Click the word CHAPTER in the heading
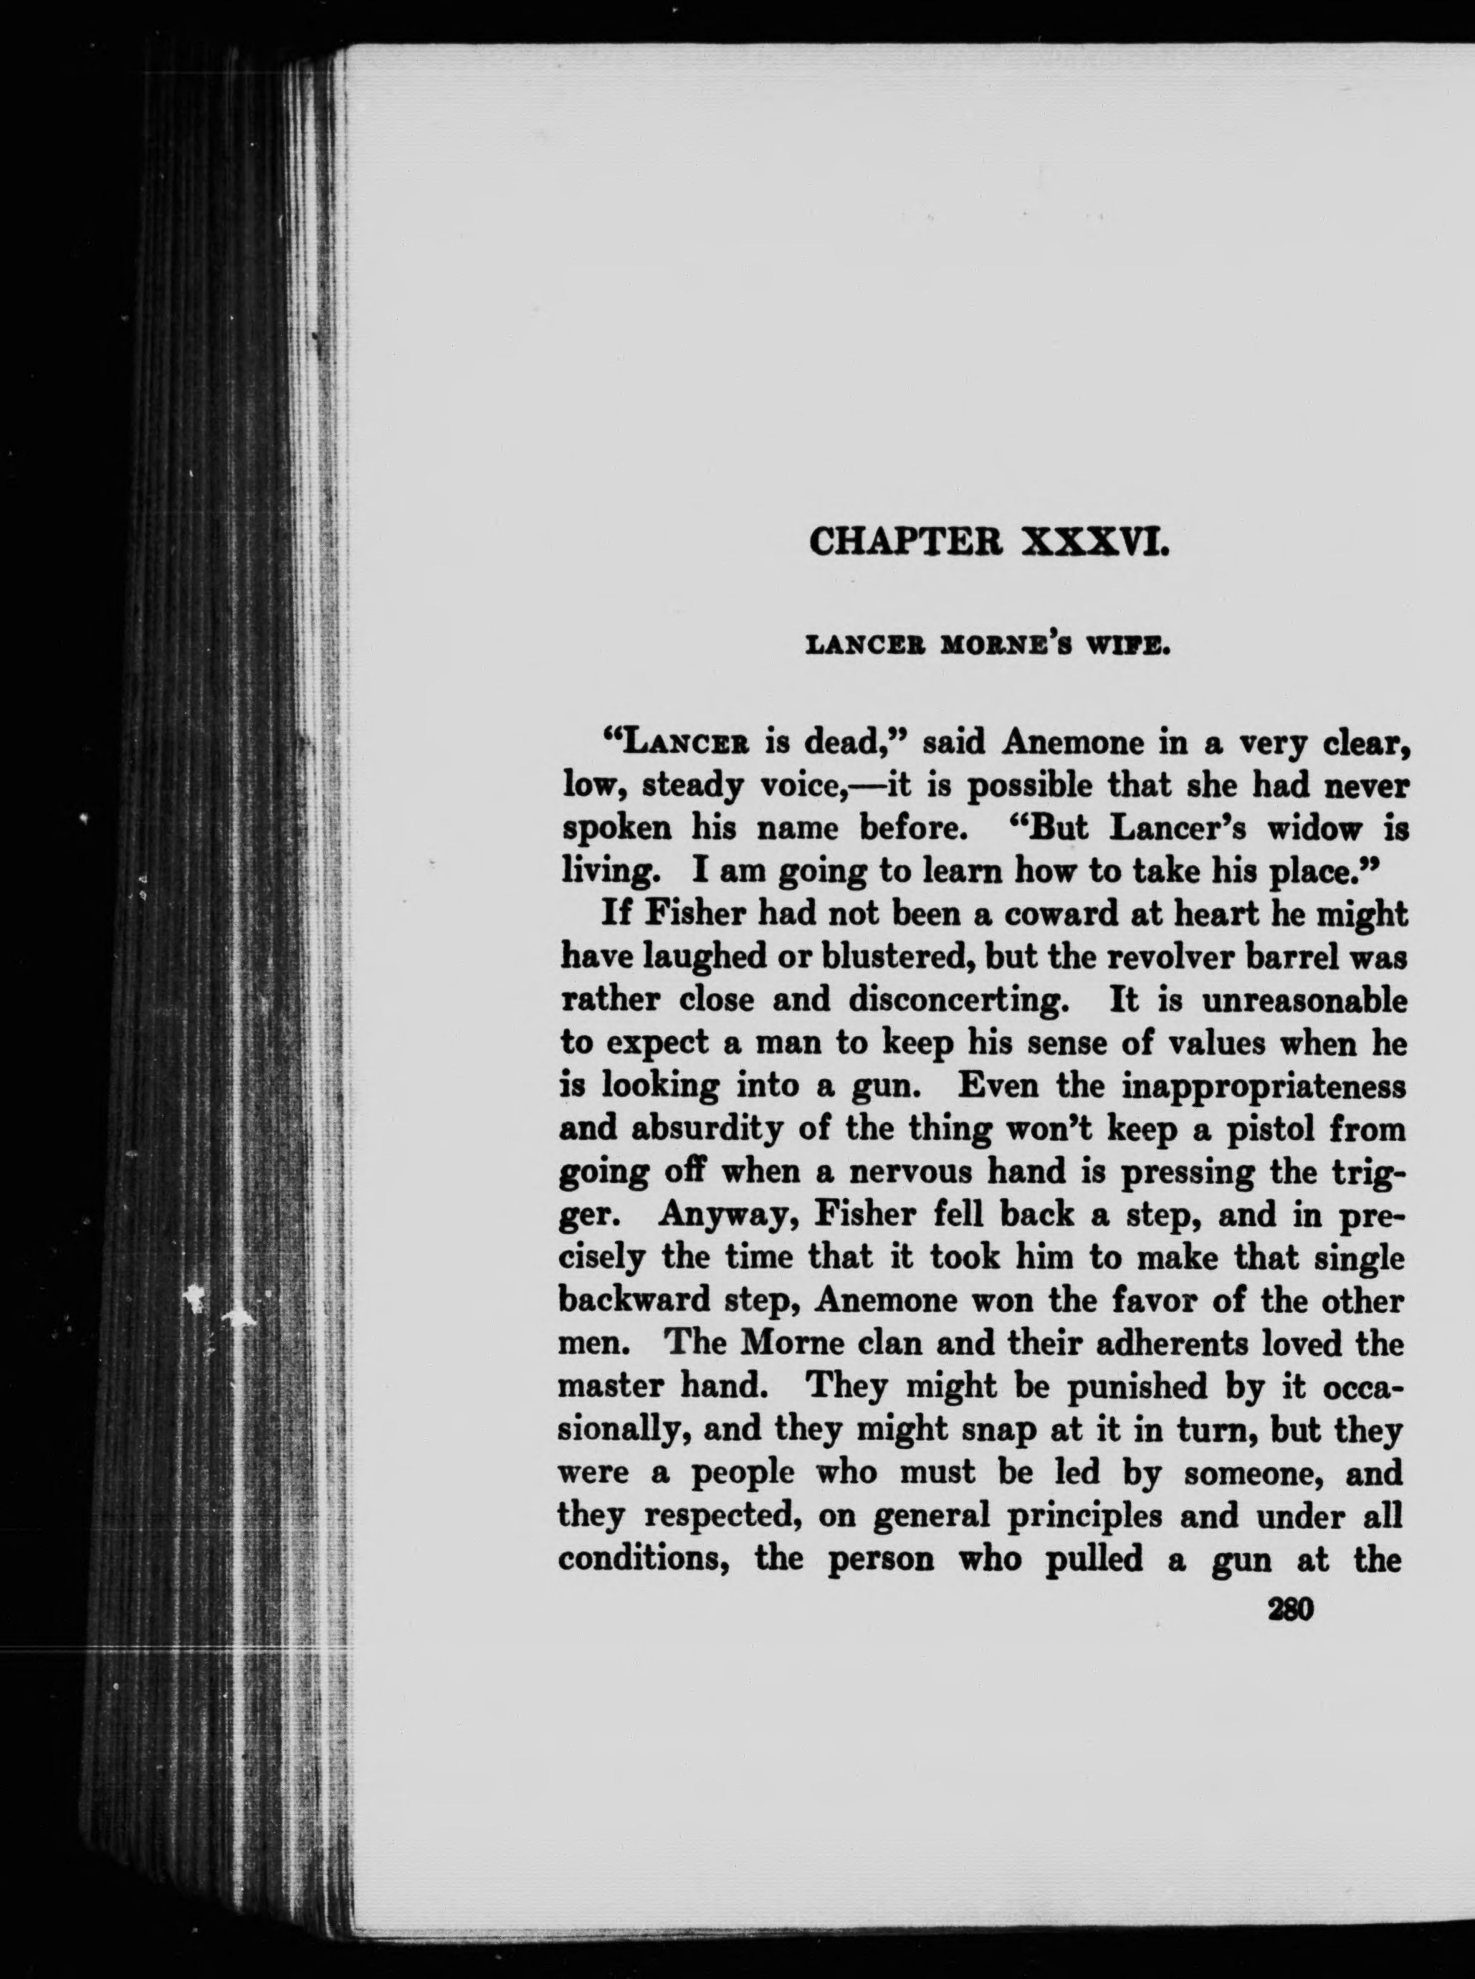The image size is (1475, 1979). (x=905, y=543)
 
